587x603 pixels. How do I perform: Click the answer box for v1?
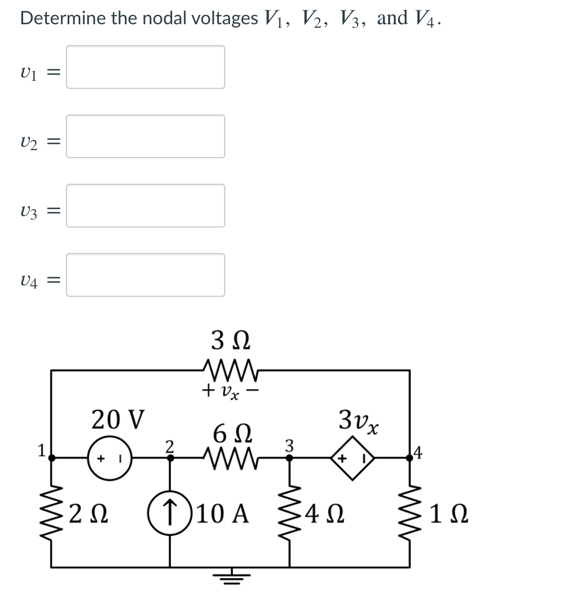point(145,67)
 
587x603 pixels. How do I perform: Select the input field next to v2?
point(145,136)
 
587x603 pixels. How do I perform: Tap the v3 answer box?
point(145,206)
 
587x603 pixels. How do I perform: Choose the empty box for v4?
point(145,275)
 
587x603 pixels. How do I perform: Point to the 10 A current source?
point(170,512)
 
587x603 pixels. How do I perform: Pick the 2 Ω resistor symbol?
point(53,512)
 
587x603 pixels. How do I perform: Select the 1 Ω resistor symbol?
point(410,512)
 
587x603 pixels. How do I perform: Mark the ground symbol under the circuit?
point(231,576)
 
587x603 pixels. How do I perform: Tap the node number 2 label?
point(169,445)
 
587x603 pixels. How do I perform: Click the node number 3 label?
point(289,445)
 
